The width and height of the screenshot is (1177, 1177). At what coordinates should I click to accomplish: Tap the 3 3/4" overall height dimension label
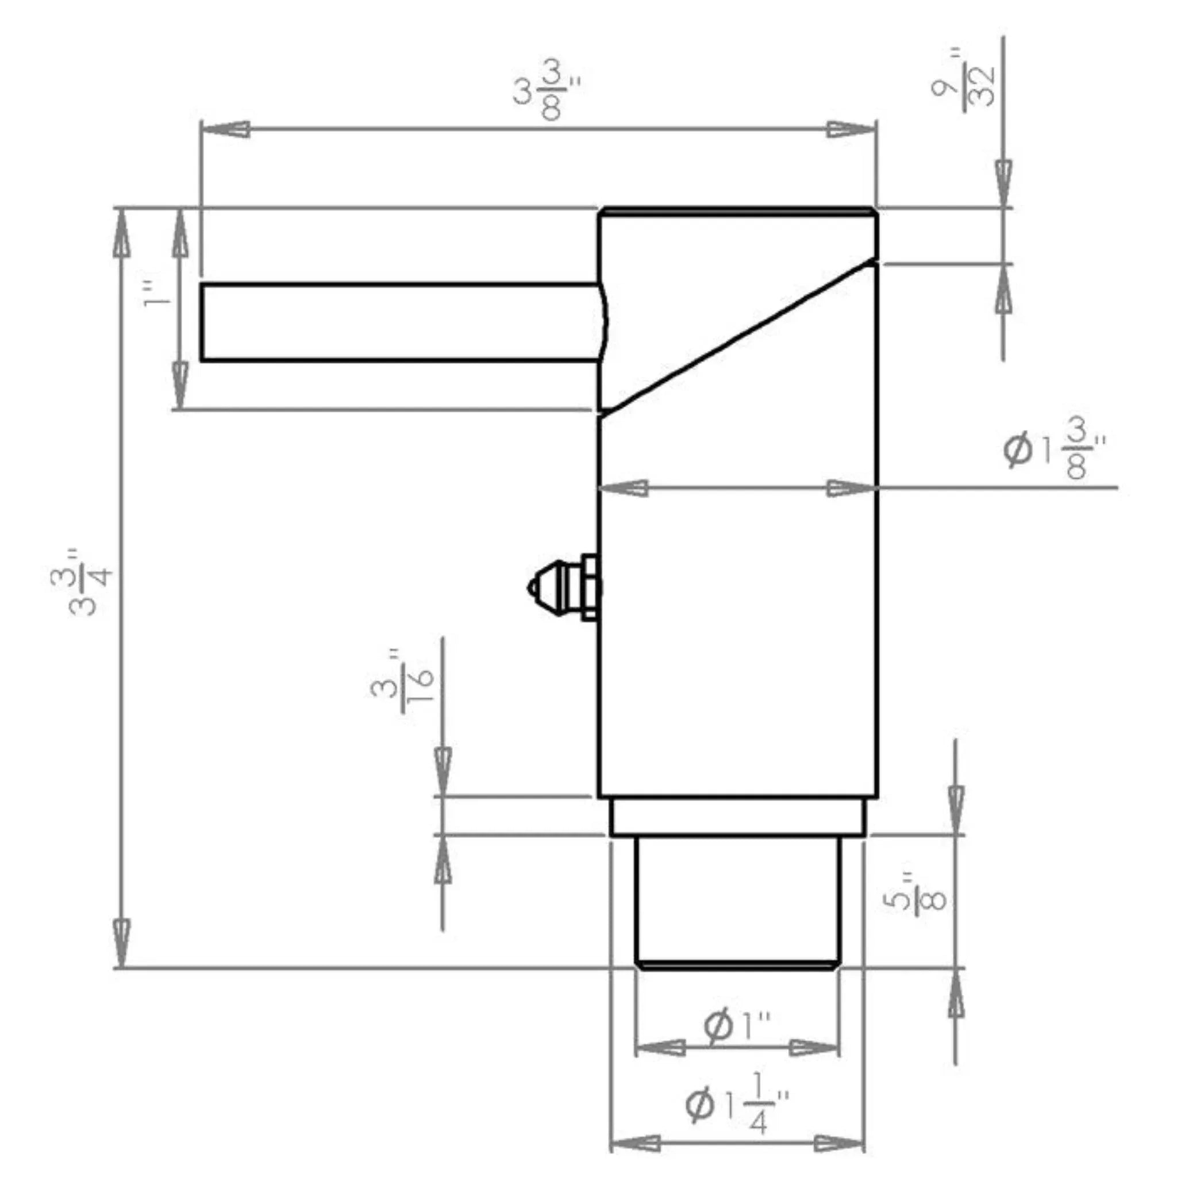click(82, 582)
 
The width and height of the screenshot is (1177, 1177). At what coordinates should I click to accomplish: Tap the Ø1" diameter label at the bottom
click(738, 1026)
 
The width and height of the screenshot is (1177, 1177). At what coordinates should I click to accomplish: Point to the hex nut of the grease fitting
click(590, 587)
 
